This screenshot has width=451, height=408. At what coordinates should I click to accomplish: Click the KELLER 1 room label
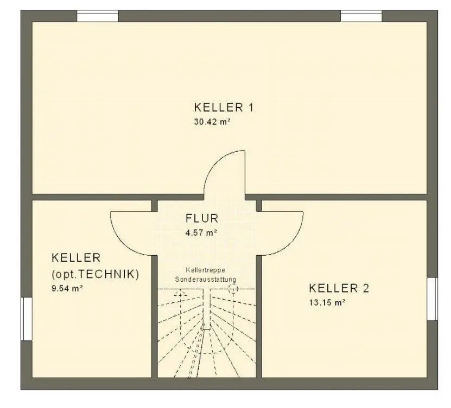coord(224,107)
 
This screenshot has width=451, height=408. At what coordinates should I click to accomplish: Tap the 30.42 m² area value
coord(212,122)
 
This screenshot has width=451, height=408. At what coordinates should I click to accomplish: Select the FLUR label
coord(202,218)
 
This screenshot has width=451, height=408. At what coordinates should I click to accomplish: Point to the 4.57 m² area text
coord(201,232)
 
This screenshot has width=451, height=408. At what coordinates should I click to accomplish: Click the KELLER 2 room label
coord(339,288)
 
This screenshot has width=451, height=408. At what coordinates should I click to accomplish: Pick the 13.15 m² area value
coord(327,303)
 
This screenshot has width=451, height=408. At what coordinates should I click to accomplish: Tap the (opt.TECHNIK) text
coord(95,274)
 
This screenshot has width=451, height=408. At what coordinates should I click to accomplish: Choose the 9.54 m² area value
coord(67,288)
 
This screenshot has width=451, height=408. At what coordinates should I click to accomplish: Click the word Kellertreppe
coord(205,270)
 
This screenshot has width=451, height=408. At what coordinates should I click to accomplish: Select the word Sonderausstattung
coord(206,279)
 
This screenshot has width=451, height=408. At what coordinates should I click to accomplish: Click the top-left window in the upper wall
coord(98,16)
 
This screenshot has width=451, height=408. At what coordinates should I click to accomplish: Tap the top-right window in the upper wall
coord(361,16)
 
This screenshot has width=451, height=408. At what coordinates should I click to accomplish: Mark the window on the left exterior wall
coord(27,319)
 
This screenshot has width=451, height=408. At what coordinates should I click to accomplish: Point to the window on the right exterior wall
coord(433,299)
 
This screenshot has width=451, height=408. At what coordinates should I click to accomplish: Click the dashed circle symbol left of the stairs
coord(181,295)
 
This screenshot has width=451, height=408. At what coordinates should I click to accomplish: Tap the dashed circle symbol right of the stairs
coord(233,289)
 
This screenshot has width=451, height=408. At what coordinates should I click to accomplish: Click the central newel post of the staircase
coord(207,309)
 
